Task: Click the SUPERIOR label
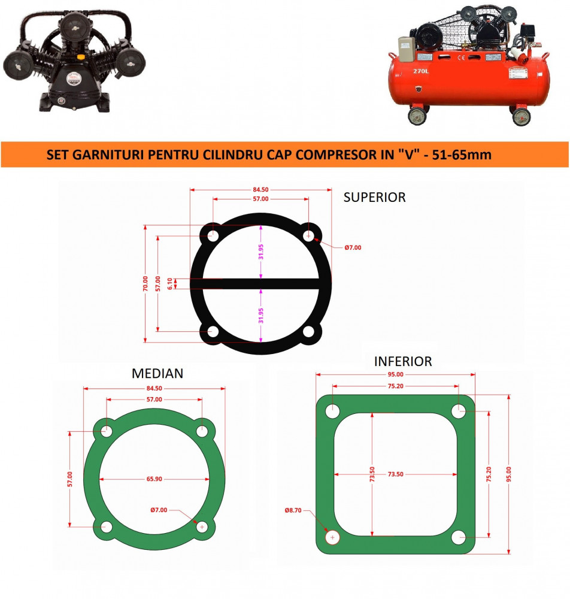pos(374,197)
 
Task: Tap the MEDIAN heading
pos(157,373)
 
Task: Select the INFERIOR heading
pos(403,361)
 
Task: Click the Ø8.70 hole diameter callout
pos(293,510)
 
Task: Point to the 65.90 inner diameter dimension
pos(154,479)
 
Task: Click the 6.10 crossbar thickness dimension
pos(170,284)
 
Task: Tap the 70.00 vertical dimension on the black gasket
pos(145,284)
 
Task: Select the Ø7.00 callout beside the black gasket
pos(353,247)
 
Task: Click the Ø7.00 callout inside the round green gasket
pos(159,510)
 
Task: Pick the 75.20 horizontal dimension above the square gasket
pos(396,386)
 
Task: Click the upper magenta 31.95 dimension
pos(261,252)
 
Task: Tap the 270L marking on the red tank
pos(421,71)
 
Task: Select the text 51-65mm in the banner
pos(462,155)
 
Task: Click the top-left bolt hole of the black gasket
pos(213,235)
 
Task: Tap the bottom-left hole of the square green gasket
pos(332,537)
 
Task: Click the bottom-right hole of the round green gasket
pos(202,527)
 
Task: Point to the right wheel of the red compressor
pos(522,117)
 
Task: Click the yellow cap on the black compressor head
pos(81,58)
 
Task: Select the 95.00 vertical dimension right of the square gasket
pos(508,474)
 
